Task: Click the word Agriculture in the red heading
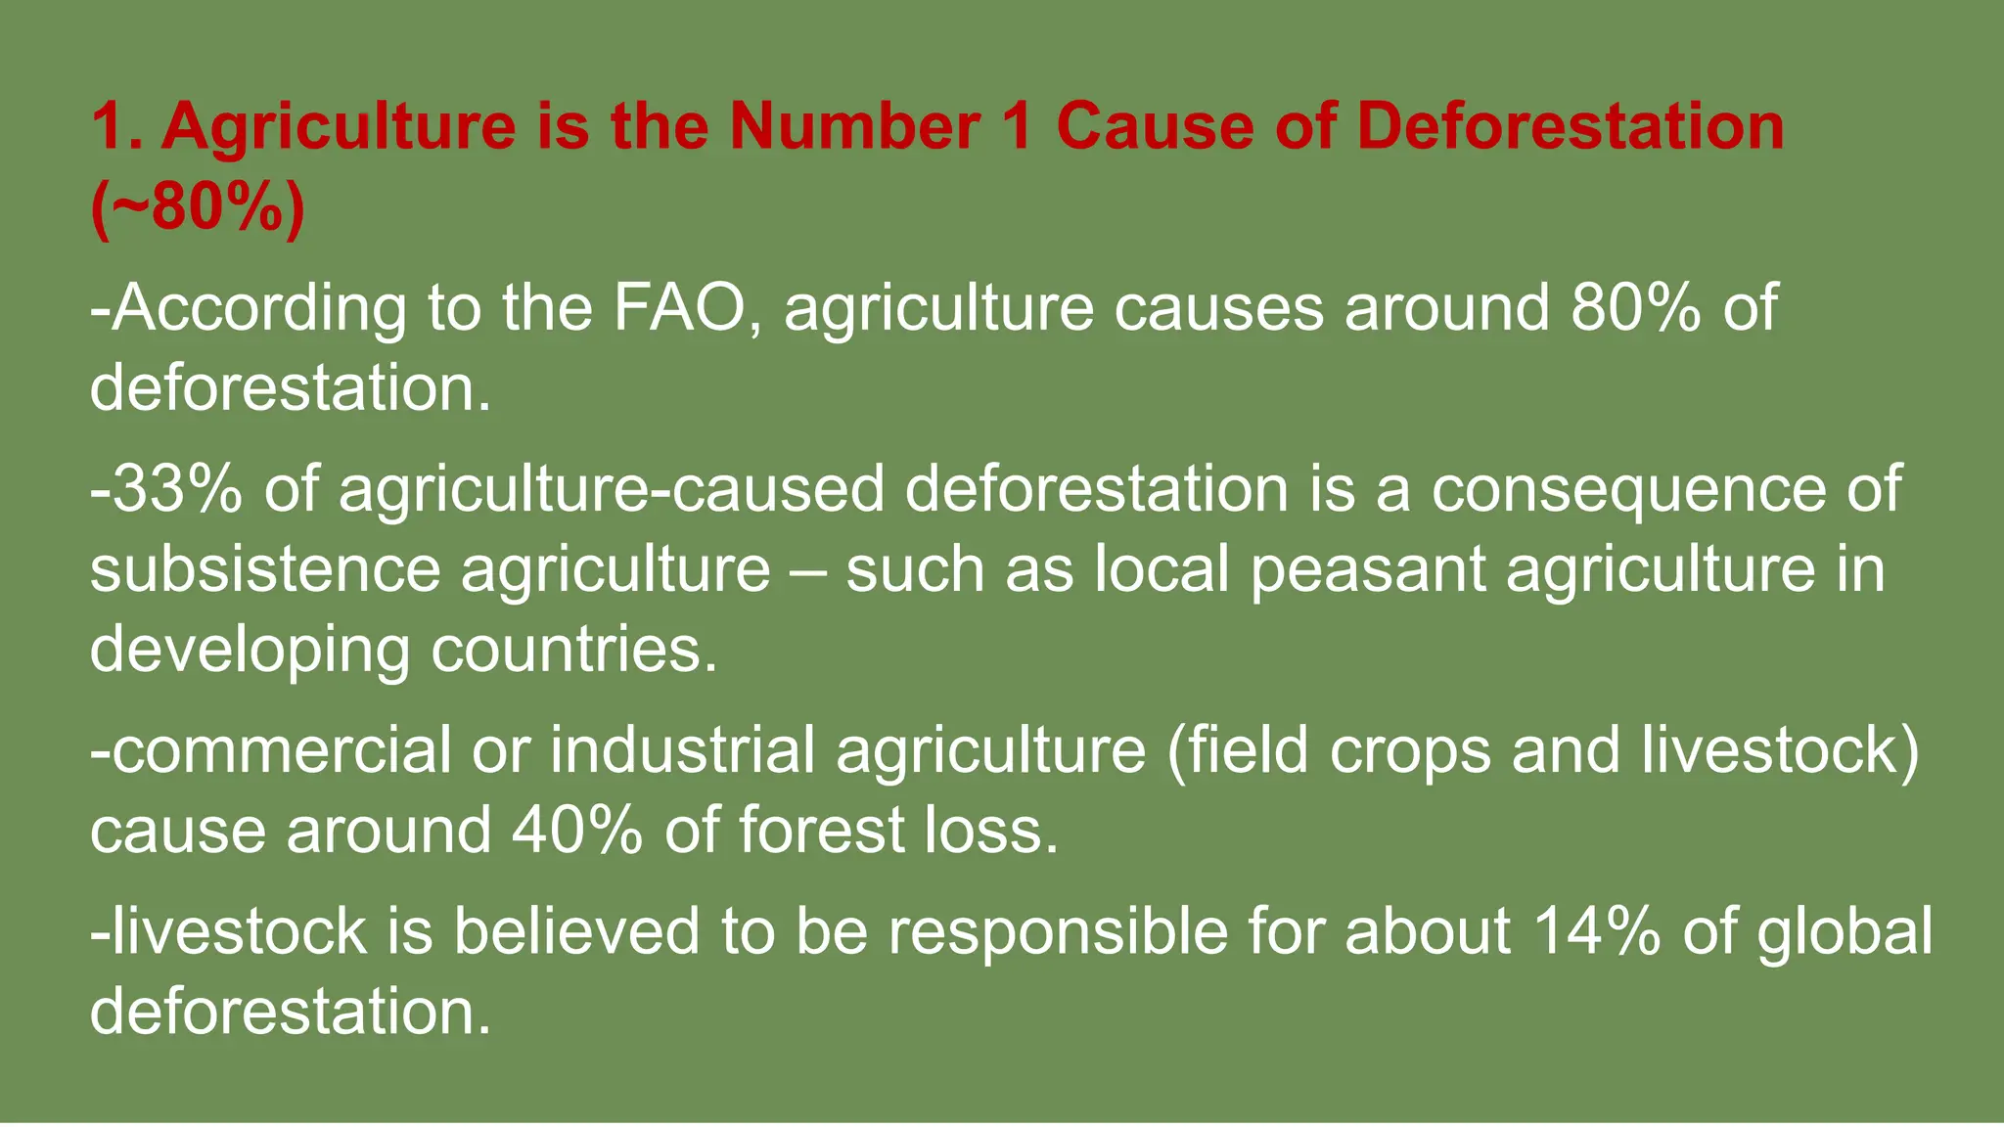point(339,128)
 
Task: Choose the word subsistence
point(265,569)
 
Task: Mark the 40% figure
point(577,831)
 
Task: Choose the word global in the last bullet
point(1845,932)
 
